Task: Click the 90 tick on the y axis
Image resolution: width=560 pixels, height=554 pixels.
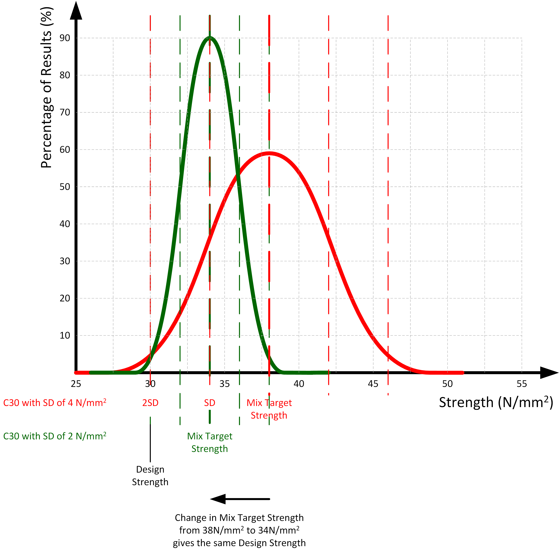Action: [65, 38]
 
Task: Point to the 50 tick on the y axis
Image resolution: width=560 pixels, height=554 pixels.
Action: [65, 187]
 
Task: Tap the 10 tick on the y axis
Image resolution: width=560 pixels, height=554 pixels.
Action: [65, 336]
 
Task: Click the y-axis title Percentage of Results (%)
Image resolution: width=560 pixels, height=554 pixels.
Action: [46, 87]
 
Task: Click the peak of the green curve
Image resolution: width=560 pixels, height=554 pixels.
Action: [210, 37]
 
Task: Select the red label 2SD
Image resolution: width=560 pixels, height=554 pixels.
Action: [150, 403]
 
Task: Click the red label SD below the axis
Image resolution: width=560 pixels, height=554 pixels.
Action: [210, 403]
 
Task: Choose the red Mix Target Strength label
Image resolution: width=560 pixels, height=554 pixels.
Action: [269, 409]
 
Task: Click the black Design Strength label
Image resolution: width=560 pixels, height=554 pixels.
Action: [150, 476]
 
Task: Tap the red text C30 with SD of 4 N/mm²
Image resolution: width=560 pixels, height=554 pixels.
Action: [55, 403]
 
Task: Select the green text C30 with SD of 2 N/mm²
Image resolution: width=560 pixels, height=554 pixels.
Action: [55, 436]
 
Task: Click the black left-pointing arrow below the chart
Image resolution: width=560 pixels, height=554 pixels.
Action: [240, 499]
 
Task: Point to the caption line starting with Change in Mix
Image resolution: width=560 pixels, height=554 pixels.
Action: [239, 518]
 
